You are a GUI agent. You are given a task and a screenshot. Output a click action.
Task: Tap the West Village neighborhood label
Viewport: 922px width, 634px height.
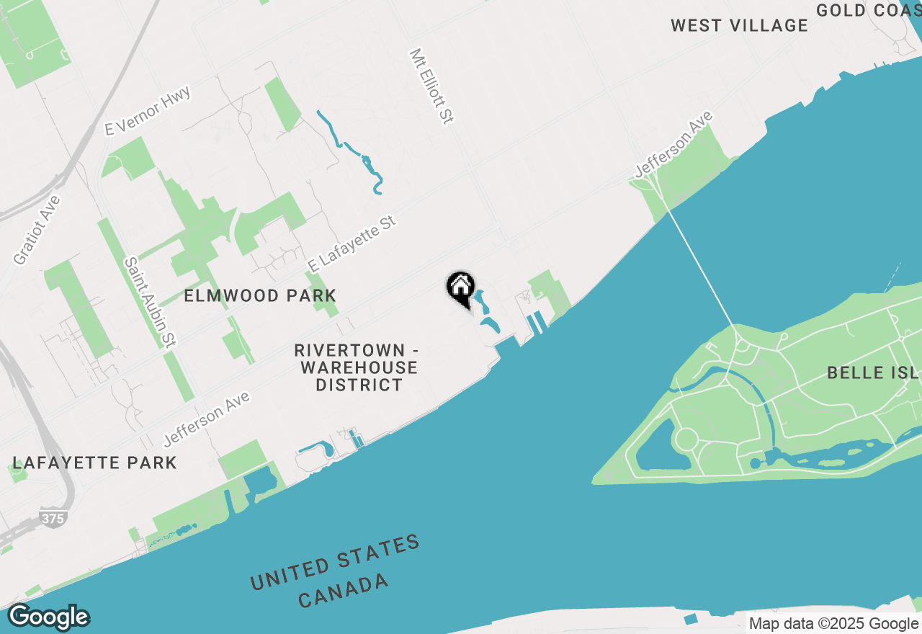click(x=739, y=26)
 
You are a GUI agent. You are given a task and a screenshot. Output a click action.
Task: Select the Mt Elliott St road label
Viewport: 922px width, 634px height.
click(x=431, y=86)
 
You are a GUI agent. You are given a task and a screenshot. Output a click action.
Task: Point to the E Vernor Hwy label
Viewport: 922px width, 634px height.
click(x=147, y=111)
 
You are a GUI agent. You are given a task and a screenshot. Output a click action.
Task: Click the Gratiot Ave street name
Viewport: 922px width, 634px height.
click(x=37, y=229)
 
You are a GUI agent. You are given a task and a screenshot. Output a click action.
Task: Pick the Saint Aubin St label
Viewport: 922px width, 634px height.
click(x=151, y=302)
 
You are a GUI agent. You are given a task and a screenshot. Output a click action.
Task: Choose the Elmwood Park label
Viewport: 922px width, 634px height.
click(x=260, y=296)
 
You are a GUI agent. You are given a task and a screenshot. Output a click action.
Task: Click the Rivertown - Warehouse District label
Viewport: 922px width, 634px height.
click(x=357, y=367)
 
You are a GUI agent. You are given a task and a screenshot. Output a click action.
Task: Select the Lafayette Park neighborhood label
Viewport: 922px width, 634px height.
click(x=94, y=463)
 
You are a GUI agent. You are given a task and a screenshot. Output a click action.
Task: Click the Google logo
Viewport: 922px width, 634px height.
click(x=48, y=617)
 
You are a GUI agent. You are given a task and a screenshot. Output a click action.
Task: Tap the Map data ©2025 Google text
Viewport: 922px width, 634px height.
click(x=833, y=624)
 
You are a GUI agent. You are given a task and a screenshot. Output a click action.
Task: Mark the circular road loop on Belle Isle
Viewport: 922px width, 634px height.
click(x=686, y=438)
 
